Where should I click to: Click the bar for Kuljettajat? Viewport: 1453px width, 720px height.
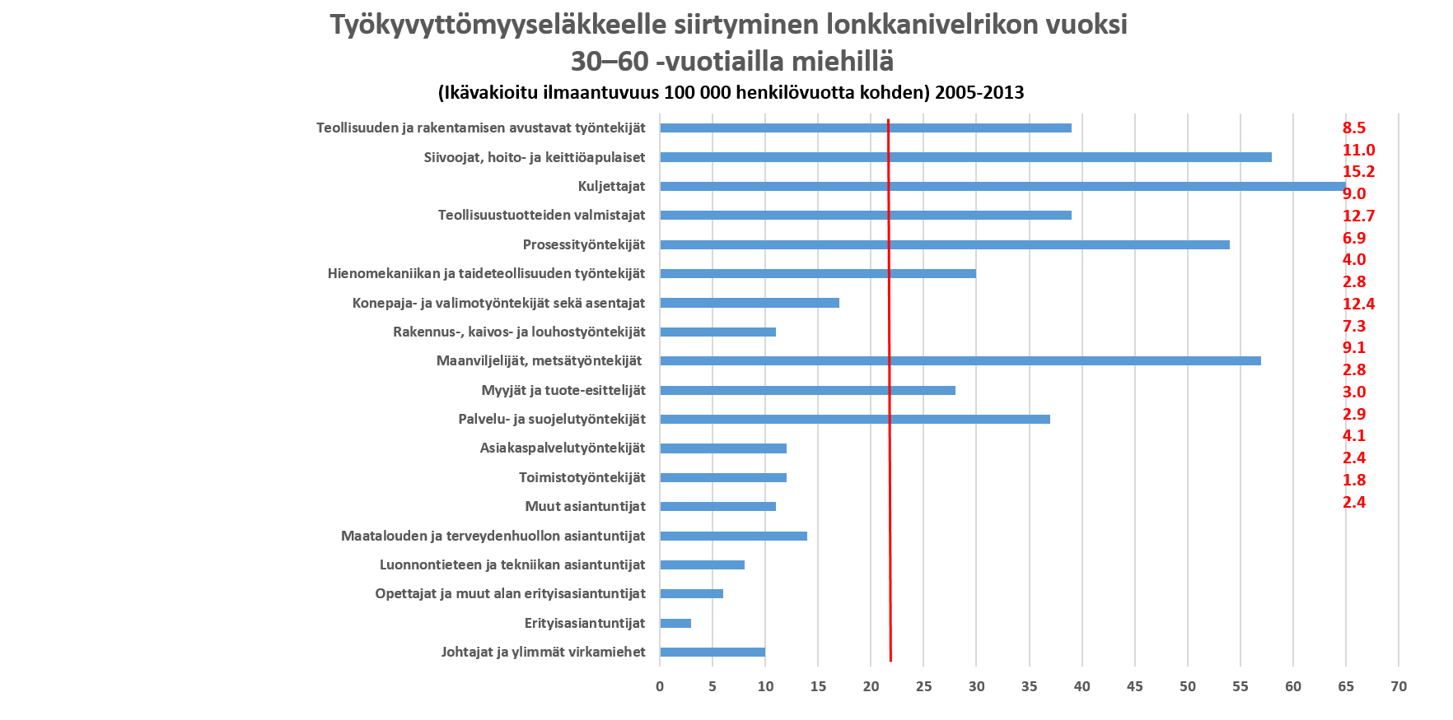tap(1002, 187)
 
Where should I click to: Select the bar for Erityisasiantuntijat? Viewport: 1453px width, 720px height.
tap(675, 623)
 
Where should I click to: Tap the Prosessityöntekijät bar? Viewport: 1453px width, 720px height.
tap(944, 244)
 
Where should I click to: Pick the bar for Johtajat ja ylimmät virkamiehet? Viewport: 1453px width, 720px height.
tap(712, 653)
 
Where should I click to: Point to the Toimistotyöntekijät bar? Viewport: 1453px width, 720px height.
tap(723, 477)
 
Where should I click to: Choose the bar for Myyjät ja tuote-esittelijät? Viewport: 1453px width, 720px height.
tap(807, 390)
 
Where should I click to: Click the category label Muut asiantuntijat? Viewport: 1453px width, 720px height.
tap(585, 506)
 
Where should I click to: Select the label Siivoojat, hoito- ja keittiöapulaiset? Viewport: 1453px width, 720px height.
tap(534, 157)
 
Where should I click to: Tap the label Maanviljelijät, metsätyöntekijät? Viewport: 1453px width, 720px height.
tap(539, 360)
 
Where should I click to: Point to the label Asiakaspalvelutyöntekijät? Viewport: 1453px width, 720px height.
tap(563, 448)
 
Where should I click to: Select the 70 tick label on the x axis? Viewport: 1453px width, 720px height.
tap(1399, 686)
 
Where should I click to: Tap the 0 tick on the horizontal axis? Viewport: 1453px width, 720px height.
tap(660, 686)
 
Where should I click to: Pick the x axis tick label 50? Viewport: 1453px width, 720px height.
tap(1188, 686)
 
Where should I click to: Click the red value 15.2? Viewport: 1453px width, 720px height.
tap(1359, 172)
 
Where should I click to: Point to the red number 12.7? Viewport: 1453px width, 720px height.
tap(1359, 216)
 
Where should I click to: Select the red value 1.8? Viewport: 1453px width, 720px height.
tap(1354, 480)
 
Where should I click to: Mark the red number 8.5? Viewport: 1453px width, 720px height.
tap(1354, 128)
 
